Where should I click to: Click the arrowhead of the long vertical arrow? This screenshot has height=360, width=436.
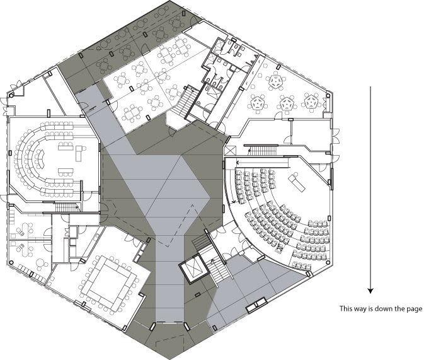point(370,291)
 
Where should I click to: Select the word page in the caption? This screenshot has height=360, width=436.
point(415,309)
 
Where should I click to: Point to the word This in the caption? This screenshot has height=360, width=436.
point(345,308)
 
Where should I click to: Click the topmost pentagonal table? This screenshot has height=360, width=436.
point(277,81)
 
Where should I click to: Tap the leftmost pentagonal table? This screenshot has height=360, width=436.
point(258,103)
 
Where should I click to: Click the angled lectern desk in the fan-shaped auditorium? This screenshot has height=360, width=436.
point(297,182)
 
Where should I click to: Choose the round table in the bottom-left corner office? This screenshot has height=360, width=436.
point(40,262)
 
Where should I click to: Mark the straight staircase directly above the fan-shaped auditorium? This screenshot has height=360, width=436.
point(263,151)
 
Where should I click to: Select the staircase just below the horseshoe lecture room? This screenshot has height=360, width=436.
point(66,207)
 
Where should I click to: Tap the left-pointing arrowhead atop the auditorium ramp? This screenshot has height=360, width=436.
point(238,162)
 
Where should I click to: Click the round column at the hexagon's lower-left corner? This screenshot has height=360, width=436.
point(11,262)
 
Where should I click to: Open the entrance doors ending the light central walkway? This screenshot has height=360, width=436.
point(169,324)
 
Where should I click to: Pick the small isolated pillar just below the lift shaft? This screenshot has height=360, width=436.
point(198,294)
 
